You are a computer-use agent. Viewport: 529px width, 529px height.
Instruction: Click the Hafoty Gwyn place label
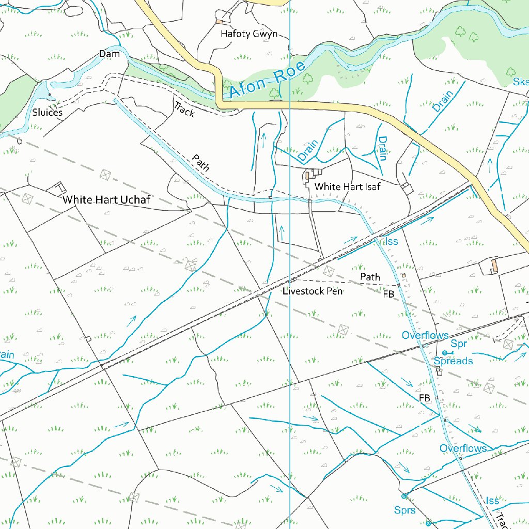coord(249,34)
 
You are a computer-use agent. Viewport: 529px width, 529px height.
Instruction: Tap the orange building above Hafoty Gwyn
coord(220,22)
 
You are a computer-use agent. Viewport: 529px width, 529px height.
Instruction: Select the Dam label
coord(109,54)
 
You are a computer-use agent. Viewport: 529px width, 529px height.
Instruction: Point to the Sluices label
coord(47,112)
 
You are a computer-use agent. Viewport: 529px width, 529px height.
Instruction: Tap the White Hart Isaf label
coord(347,186)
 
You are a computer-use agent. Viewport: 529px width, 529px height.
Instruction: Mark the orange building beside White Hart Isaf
coord(308,176)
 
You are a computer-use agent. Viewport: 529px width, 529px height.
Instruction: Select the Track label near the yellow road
coord(184,109)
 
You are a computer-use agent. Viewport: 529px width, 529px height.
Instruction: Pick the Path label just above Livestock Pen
coord(370,277)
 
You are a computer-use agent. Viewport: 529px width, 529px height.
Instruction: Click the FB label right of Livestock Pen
coord(388,294)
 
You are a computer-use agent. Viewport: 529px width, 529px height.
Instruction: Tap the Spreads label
coord(453,361)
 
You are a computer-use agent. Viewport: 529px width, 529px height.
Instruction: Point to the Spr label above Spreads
coord(459,344)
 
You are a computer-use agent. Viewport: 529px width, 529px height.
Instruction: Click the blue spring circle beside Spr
coord(444,352)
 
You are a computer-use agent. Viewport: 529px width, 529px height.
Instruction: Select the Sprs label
coord(404,510)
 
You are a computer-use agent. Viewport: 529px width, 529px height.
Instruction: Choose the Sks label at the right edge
coord(520,82)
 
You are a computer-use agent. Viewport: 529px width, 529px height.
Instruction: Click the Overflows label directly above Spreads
coord(425,335)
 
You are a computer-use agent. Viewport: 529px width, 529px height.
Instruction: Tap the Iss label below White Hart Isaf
coord(392,241)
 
